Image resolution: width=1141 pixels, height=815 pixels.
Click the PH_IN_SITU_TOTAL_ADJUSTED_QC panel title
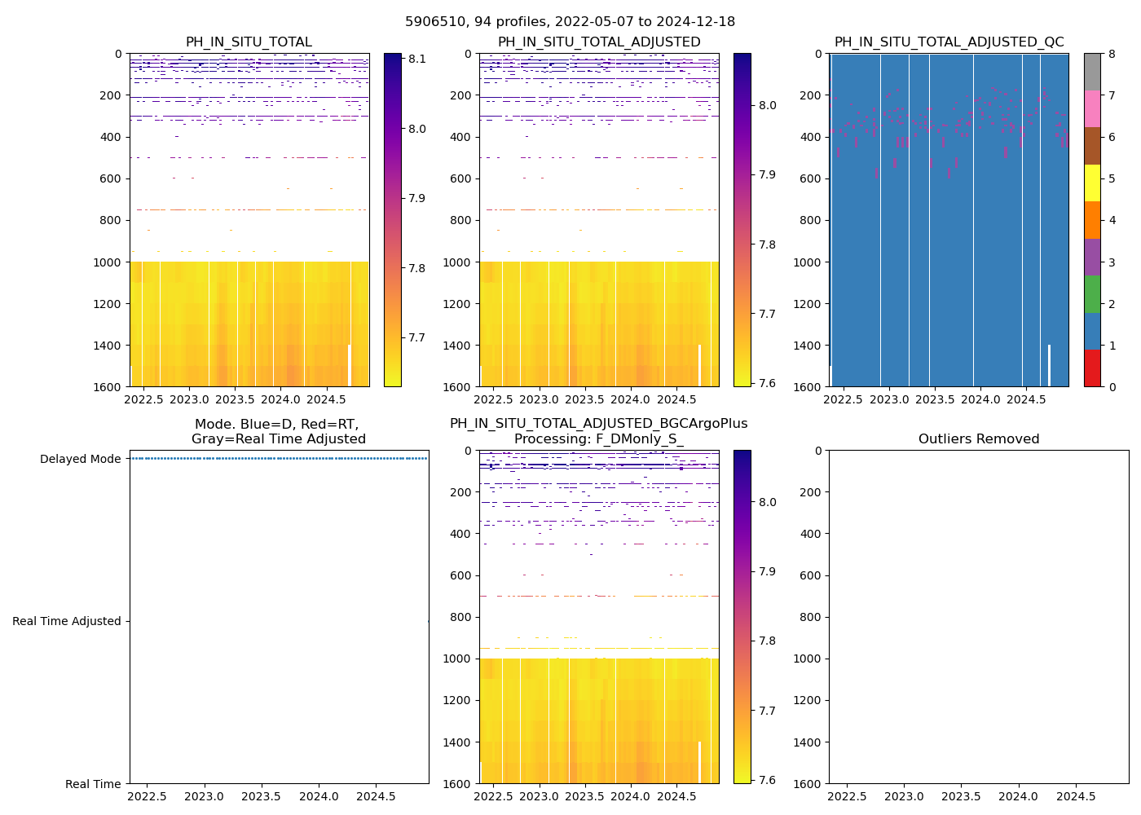(949, 42)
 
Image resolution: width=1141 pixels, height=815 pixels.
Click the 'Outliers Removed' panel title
(979, 439)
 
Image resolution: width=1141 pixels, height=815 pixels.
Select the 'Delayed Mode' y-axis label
(81, 459)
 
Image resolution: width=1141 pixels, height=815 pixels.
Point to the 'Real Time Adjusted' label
(67, 621)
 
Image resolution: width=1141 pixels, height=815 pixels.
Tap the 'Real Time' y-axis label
(93, 784)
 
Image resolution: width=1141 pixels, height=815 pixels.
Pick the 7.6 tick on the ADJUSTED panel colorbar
(767, 383)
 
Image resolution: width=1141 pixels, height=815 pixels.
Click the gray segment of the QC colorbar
(1092, 72)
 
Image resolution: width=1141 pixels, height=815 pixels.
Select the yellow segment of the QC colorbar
(1092, 183)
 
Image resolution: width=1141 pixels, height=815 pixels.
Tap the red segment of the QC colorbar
(1092, 368)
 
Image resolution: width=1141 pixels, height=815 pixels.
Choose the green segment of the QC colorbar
(1092, 294)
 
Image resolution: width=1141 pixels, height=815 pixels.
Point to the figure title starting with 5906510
(570, 22)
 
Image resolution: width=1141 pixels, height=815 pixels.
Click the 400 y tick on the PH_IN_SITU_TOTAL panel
(111, 137)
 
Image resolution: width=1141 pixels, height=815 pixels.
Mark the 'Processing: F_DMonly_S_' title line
(598, 439)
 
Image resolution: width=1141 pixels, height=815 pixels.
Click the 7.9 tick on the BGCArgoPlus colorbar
(767, 571)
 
